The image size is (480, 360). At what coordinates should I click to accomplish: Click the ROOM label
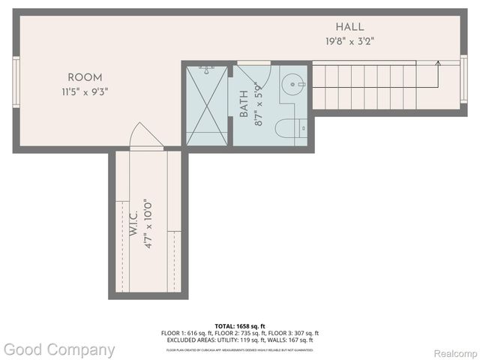click(x=85, y=77)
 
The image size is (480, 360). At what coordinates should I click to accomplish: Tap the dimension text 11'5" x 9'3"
click(x=85, y=91)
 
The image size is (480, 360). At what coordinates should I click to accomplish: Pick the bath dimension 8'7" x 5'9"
click(x=258, y=105)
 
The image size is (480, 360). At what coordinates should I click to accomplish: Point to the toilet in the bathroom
click(x=289, y=129)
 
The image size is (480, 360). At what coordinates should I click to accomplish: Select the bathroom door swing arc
click(x=248, y=74)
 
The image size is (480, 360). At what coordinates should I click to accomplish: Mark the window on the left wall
click(x=16, y=82)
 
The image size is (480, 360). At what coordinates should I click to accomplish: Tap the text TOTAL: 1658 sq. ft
click(x=239, y=326)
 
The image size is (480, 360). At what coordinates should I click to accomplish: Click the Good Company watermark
click(x=59, y=349)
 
